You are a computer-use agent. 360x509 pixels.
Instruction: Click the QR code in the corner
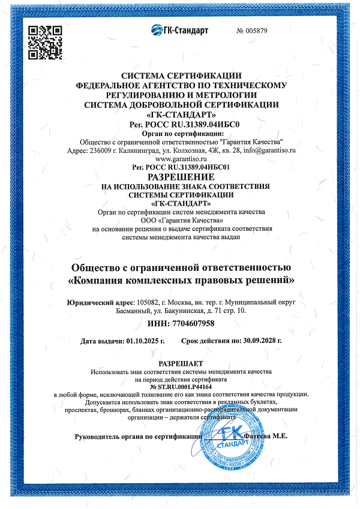pos(46,42)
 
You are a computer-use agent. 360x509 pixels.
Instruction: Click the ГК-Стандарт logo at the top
pos(178,30)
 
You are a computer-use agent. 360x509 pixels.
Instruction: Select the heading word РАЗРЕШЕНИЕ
pos(181,178)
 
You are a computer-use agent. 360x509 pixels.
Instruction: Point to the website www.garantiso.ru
pos(181,159)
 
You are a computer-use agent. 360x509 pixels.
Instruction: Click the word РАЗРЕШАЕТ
pos(181,364)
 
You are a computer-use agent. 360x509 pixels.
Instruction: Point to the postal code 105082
pos(149,303)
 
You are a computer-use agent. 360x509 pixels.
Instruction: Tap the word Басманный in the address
pos(136,311)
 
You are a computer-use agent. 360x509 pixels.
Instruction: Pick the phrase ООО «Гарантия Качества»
pos(181,220)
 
